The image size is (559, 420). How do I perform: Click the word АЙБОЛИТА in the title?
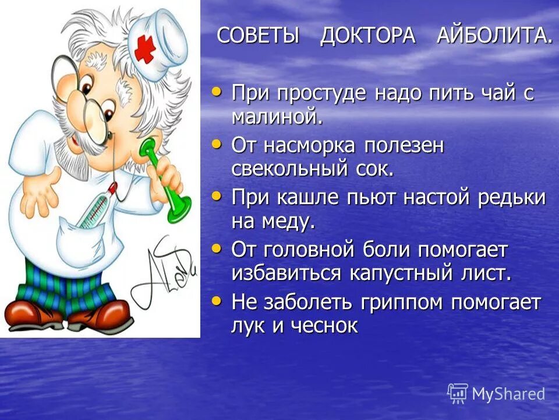click(494, 36)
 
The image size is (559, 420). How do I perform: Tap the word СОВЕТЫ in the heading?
click(258, 36)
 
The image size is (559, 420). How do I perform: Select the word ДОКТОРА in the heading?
click(367, 36)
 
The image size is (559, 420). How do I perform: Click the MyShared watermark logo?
click(497, 393)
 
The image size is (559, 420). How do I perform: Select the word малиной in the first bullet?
click(277, 117)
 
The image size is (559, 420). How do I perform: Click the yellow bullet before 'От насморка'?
click(217, 143)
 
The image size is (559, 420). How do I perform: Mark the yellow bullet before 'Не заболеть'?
click(217, 301)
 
